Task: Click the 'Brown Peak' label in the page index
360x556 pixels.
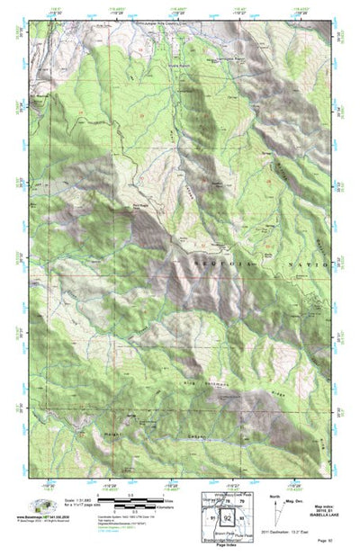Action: tap(227, 532)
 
